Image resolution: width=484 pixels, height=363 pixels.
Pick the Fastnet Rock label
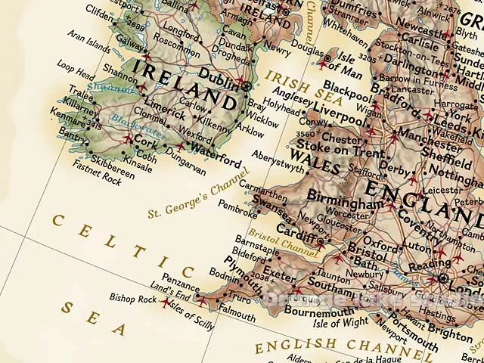[x=96, y=180]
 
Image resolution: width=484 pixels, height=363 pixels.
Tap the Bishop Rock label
[x=132, y=299]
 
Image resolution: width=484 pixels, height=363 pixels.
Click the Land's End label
[x=175, y=290]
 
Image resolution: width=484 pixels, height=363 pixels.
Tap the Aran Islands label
[x=89, y=41]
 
